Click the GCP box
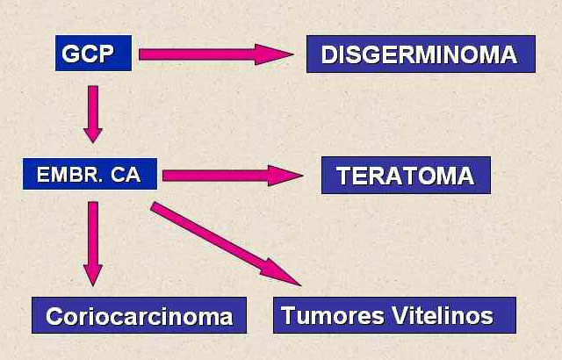tap(94, 53)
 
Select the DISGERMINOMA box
tap(421, 54)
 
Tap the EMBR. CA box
tap(90, 174)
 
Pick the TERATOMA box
tap(406, 175)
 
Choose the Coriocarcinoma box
tap(139, 315)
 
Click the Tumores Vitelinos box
tap(394, 315)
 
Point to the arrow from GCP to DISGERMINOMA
tap(216, 54)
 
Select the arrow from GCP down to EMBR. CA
tap(93, 114)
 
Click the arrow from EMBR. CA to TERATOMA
tap(233, 176)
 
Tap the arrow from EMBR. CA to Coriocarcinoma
tap(93, 244)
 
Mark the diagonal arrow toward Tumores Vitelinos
tap(226, 244)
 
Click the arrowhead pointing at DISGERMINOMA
tap(274, 54)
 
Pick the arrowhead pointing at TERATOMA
tap(285, 176)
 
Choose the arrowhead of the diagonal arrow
tap(281, 273)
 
